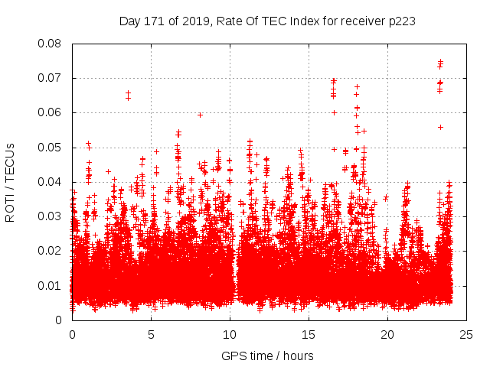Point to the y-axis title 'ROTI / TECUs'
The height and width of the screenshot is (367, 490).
11,182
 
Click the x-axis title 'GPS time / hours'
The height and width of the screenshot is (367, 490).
267,356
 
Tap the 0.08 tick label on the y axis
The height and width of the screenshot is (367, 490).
51,44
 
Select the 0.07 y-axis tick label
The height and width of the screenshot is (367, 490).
51,78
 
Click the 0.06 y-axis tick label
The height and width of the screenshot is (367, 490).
51,112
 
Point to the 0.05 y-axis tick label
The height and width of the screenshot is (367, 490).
51,148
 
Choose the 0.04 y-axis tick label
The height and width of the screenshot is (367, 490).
51,182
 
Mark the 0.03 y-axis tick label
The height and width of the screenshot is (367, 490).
51,216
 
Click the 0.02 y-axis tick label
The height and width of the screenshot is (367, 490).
51,251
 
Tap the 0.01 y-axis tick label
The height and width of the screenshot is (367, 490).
51,285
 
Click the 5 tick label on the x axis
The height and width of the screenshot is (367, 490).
151,334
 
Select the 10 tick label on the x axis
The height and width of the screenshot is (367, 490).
230,334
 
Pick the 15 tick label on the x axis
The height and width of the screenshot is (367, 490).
309,334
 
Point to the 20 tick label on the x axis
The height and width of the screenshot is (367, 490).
387,334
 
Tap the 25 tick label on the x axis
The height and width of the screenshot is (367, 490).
466,334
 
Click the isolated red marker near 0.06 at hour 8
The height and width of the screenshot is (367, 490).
200,115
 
